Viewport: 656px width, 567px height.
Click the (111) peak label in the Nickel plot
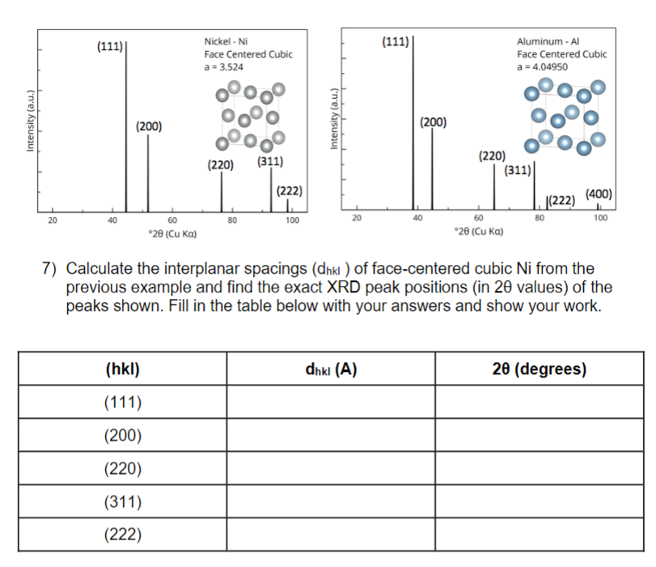[109, 46]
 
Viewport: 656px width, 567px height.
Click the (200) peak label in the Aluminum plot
[433, 122]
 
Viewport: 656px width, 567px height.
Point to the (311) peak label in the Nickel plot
[269, 161]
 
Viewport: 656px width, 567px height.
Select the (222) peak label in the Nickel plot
[289, 191]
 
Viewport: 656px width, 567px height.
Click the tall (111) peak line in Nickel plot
[125, 122]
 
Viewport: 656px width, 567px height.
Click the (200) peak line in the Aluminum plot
[432, 170]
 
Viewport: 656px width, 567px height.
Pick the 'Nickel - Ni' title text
[226, 41]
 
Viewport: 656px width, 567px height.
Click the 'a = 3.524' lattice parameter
[223, 66]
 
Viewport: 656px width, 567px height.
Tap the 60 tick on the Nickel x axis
[172, 220]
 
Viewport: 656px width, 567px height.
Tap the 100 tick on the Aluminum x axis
[599, 218]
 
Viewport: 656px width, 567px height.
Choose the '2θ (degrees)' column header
[539, 369]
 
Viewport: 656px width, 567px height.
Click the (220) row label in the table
[124, 469]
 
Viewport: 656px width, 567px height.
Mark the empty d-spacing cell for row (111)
[330, 403]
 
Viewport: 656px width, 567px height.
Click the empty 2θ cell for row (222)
[539, 534]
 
